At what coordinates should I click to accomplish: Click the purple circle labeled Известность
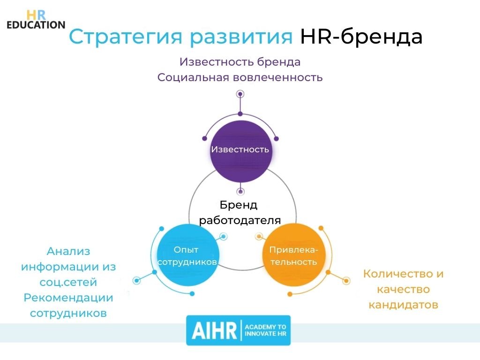(x=240, y=150)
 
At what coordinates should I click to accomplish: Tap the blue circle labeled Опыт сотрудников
(x=187, y=255)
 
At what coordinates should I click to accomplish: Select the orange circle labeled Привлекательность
(x=293, y=255)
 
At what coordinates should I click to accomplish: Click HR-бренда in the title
(x=361, y=37)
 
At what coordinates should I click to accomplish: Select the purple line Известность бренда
(x=240, y=62)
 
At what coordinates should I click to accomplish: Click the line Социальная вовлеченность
(x=240, y=77)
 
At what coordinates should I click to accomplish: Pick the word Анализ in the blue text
(x=68, y=251)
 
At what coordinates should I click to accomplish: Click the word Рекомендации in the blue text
(x=68, y=298)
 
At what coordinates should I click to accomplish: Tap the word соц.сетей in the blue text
(x=68, y=282)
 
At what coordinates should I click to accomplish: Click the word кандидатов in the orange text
(x=403, y=305)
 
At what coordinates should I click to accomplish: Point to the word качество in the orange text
(x=403, y=289)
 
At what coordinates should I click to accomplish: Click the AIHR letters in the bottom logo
(x=213, y=330)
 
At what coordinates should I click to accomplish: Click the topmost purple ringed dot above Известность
(x=240, y=94)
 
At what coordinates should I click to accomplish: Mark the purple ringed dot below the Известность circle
(x=240, y=191)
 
